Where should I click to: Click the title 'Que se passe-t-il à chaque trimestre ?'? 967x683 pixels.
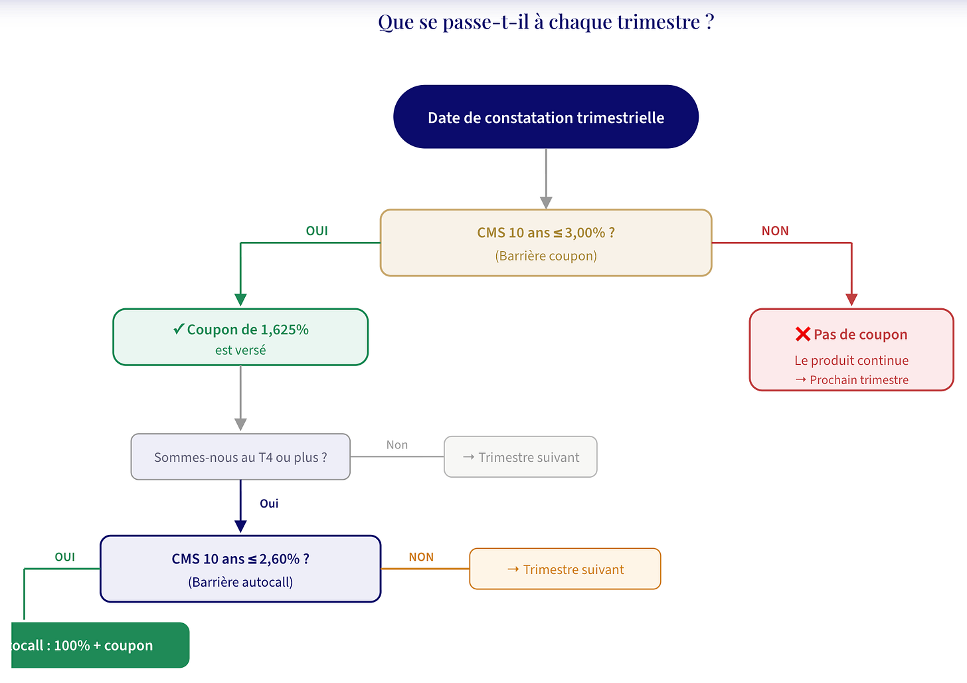pos(546,22)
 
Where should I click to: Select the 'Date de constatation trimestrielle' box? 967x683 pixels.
pos(546,117)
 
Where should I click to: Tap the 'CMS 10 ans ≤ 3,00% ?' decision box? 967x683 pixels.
pos(546,243)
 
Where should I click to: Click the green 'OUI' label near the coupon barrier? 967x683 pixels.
pos(317,231)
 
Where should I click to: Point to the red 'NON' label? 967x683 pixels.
pos(775,231)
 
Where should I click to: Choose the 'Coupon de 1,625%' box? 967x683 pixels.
pos(240,337)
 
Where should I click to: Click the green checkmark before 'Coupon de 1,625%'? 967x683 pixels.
pos(179,329)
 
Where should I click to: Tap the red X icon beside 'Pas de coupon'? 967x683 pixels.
pos(802,334)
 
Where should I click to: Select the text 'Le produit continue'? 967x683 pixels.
pos(851,360)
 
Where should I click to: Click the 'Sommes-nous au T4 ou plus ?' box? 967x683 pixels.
pos(240,457)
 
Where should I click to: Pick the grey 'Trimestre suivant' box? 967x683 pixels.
pos(521,457)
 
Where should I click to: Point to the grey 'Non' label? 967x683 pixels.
pos(397,444)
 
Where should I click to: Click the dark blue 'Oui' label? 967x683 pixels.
pos(269,503)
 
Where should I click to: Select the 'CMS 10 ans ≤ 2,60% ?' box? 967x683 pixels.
pos(240,569)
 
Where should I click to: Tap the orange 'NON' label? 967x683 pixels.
pos(421,557)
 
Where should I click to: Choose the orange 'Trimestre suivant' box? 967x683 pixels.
pos(565,569)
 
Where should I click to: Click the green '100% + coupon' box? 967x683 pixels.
pos(100,645)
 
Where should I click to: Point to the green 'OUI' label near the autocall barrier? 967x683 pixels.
pos(65,557)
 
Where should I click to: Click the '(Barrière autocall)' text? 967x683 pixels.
pos(240,582)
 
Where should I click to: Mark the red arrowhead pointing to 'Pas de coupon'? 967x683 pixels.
pos(851,300)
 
